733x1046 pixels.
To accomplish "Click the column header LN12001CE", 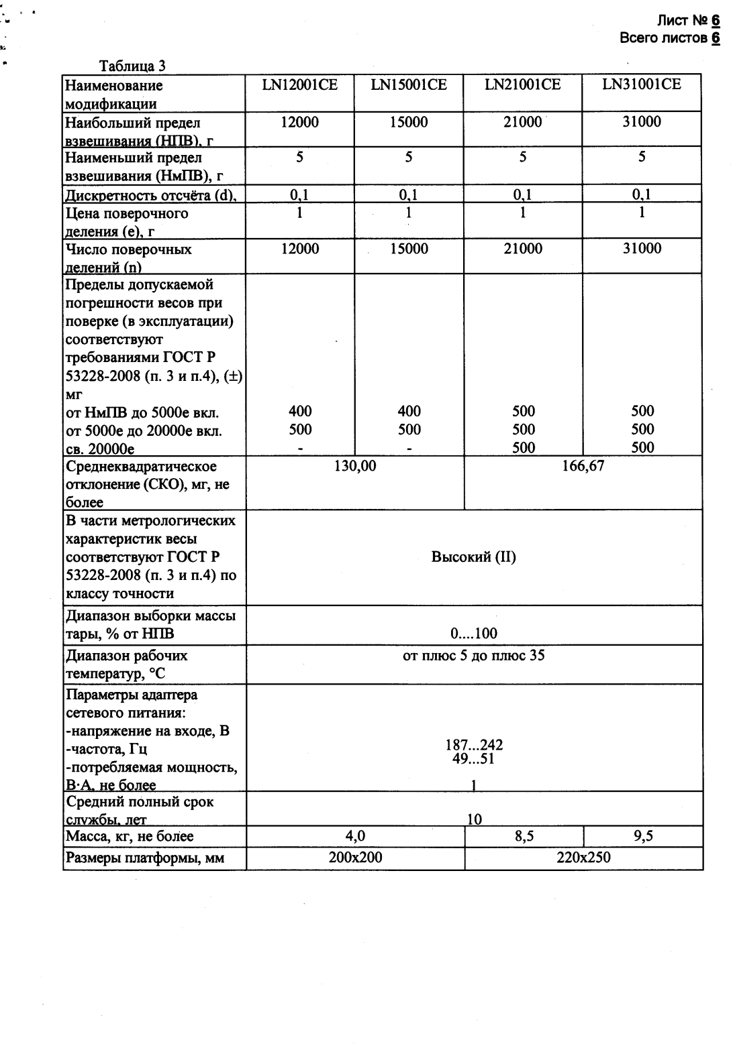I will [299, 84].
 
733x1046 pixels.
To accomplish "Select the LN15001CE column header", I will [409, 84].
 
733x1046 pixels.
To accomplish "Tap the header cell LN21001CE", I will [523, 84].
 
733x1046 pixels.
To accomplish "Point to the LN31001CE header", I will [642, 84].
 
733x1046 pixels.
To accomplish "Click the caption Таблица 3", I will [132, 66].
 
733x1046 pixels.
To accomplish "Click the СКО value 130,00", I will [355, 465].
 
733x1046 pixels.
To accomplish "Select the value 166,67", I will [583, 465].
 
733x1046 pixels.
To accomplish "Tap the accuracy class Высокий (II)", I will [474, 557].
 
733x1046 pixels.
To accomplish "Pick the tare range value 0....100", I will [474, 634].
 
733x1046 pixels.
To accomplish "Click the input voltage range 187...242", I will [474, 745].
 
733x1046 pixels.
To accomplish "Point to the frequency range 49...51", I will [474, 758].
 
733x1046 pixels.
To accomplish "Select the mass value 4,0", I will [355, 835].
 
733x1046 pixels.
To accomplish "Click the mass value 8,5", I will [524, 835].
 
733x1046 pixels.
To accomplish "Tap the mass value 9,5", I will [642, 835].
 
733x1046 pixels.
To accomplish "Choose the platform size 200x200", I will [355, 857].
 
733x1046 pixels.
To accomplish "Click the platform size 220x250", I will [583, 857].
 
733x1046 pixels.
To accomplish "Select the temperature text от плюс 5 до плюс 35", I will [474, 655].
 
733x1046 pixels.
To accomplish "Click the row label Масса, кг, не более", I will [130, 836].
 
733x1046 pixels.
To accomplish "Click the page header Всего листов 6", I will [670, 38].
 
